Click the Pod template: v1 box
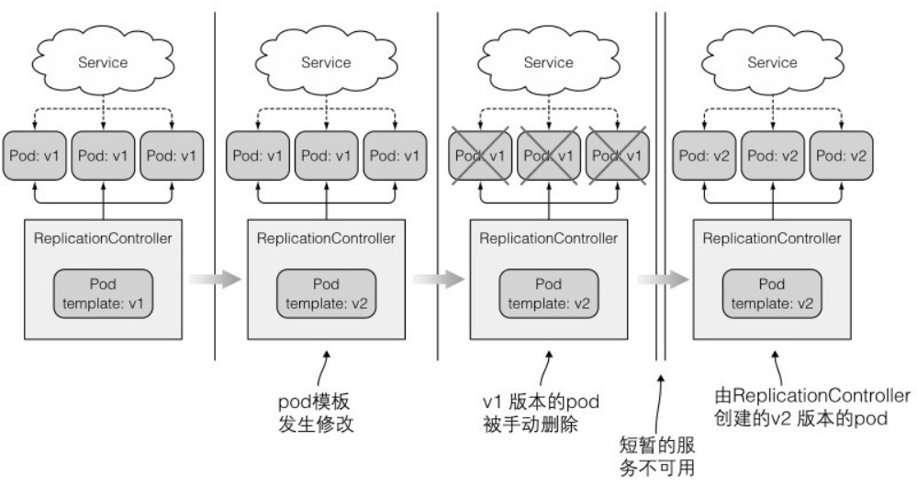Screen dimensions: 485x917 pyautogui.click(x=104, y=293)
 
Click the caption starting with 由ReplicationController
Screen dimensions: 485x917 pyautogui.click(x=811, y=404)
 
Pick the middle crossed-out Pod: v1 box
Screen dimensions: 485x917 pyautogui.click(x=549, y=155)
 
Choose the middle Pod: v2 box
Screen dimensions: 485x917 pyautogui.click(x=772, y=155)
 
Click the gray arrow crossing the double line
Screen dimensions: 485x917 pyautogui.click(x=663, y=281)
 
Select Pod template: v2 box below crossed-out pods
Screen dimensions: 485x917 pyautogui.click(x=549, y=293)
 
